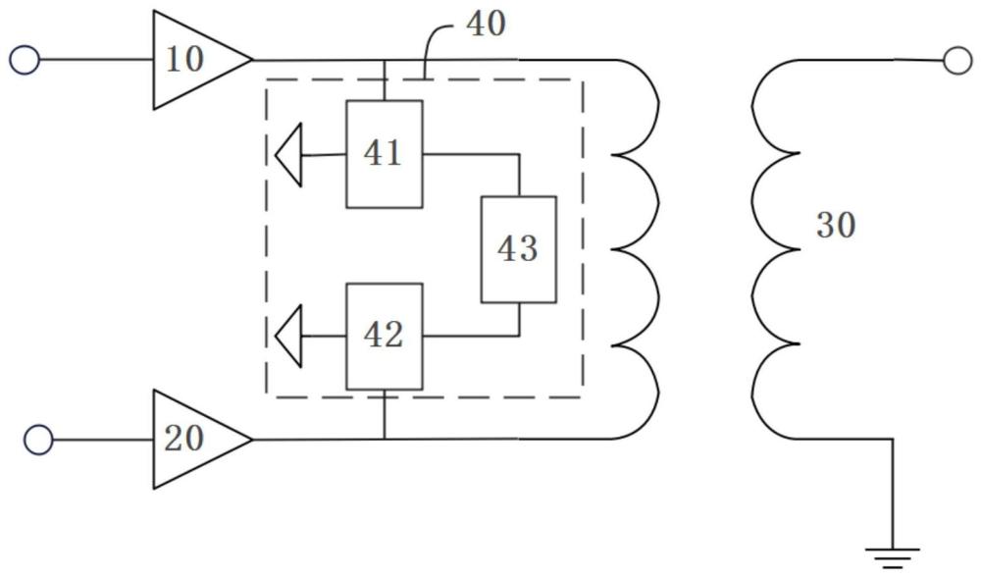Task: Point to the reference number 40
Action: pyautogui.click(x=487, y=24)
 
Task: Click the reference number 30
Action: pyautogui.click(x=835, y=225)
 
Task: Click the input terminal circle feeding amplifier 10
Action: pyautogui.click(x=25, y=61)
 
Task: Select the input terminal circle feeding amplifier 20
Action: pyautogui.click(x=39, y=440)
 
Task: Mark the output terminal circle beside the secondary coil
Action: pyautogui.click(x=957, y=61)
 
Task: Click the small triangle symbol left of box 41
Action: pyautogui.click(x=288, y=155)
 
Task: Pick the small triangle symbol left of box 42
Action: pyautogui.click(x=288, y=337)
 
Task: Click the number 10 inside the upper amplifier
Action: pyautogui.click(x=184, y=60)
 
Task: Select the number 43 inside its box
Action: pyautogui.click(x=517, y=249)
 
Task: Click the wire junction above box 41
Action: pyautogui.click(x=385, y=61)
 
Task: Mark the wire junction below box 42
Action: pyautogui.click(x=385, y=439)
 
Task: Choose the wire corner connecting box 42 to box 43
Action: pyautogui.click(x=519, y=336)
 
